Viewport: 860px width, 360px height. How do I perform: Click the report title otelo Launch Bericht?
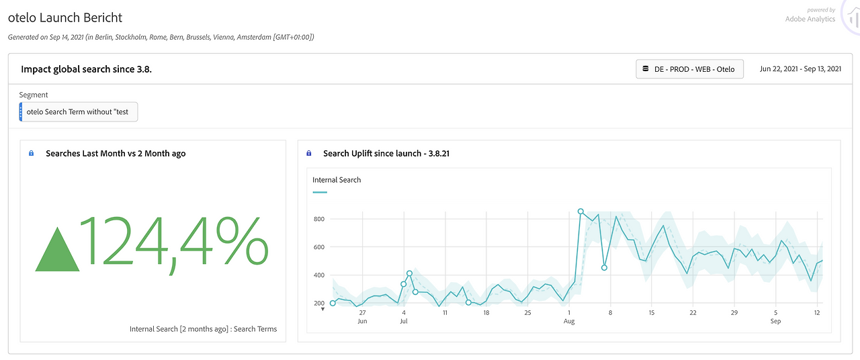pos(65,17)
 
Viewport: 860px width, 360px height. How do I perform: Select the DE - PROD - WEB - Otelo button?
pos(689,69)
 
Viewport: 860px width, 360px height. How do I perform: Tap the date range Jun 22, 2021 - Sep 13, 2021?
pos(800,69)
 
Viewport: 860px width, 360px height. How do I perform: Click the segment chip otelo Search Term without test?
pos(79,111)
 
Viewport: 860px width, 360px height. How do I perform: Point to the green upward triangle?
pos(57,249)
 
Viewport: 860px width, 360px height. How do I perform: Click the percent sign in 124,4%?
pos(242,241)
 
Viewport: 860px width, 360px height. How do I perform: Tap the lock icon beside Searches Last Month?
pos(32,153)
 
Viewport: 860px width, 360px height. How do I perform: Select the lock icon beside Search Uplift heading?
pos(308,153)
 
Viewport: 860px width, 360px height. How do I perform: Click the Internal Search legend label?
pos(337,180)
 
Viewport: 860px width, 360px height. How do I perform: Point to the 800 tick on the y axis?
pos(319,219)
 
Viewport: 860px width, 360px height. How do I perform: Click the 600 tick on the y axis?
pos(319,247)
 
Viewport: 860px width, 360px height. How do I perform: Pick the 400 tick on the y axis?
pos(319,275)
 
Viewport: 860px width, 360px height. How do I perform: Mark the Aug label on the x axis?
pos(569,322)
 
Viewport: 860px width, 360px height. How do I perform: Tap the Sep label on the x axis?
pos(775,321)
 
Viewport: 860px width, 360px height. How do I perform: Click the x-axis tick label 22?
pos(693,313)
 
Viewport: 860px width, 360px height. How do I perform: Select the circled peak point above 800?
pos(580,212)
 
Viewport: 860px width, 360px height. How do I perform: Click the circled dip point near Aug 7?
pos(604,267)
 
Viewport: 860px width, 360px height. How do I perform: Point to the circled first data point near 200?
pos(333,303)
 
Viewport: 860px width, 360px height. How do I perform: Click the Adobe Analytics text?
pos(810,19)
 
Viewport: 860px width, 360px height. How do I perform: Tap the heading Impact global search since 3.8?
pos(87,69)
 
